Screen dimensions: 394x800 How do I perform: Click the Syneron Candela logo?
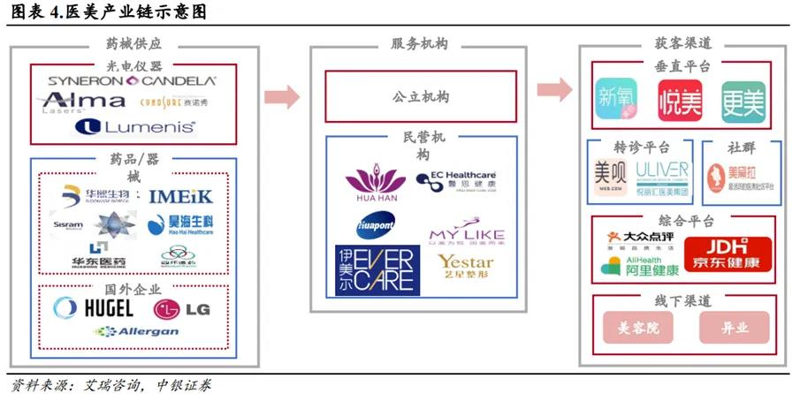tap(131, 80)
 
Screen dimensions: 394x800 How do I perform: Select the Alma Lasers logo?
tap(84, 103)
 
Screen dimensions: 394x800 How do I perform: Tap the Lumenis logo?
tap(135, 127)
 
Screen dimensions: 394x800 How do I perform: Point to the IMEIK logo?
tap(179, 196)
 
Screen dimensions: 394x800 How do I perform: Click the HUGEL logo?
tap(93, 307)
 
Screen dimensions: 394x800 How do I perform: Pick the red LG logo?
tap(181, 308)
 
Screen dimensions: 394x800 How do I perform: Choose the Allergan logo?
tap(137, 331)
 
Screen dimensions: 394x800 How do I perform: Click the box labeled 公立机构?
tap(420, 96)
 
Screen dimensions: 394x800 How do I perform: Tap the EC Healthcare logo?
tap(456, 182)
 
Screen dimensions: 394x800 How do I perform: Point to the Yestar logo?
tap(465, 264)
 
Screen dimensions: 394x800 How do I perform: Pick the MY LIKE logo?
tap(466, 233)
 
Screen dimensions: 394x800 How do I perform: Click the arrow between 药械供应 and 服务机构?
tap(282, 94)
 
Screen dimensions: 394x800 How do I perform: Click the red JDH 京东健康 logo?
tap(728, 254)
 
